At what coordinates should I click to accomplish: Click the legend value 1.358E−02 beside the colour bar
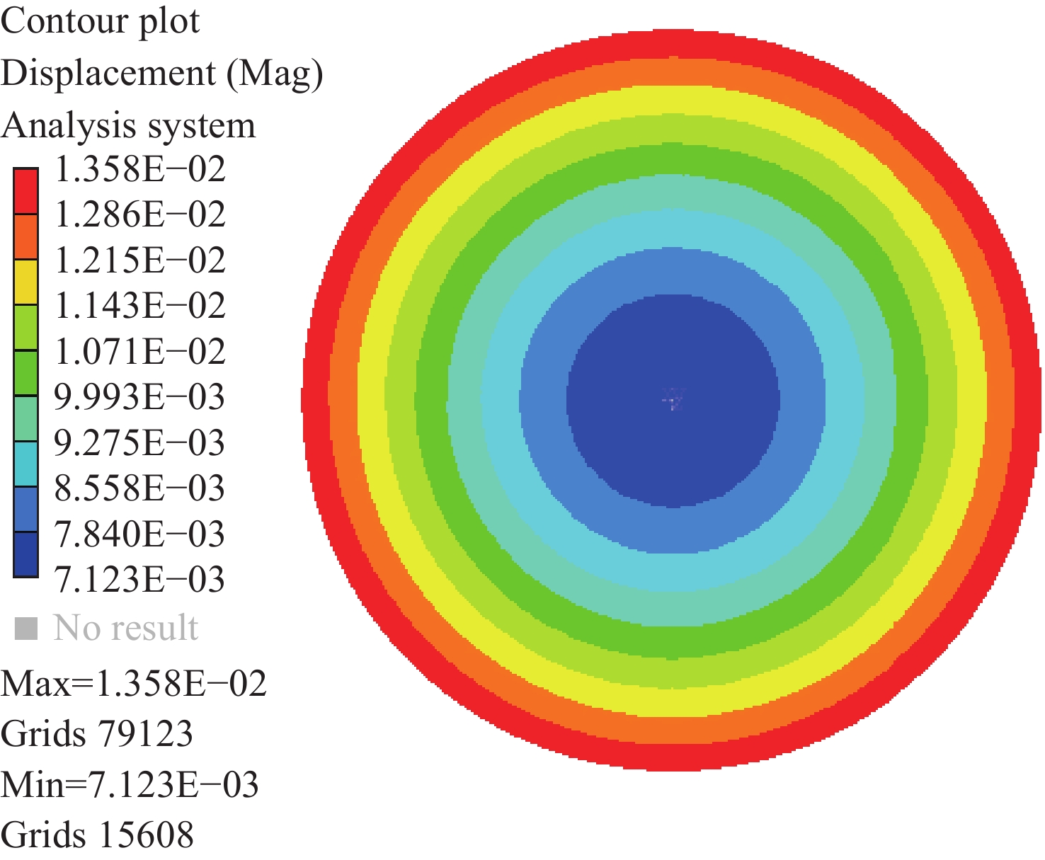[x=140, y=170]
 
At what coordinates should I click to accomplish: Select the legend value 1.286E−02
[x=140, y=215]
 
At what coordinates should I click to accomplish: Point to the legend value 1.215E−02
[x=140, y=260]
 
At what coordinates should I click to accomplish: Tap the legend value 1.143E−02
[x=140, y=306]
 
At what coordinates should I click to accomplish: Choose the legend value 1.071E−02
[x=140, y=352]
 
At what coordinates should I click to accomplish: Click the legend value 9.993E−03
[x=139, y=397]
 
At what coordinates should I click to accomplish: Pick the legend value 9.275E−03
[x=139, y=443]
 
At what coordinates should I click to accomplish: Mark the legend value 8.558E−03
[x=139, y=488]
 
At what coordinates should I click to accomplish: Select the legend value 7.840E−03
[x=139, y=534]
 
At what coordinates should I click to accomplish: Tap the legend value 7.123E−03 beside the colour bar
[x=139, y=580]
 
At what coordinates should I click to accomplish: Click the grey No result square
[x=26, y=628]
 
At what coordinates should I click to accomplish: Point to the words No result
[x=126, y=628]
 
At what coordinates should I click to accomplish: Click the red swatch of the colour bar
[x=26, y=191]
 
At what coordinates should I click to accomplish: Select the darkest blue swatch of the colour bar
[x=26, y=554]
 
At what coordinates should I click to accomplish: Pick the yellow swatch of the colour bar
[x=26, y=282]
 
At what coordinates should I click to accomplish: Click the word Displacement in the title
[x=108, y=74]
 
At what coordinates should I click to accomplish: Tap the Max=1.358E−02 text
[x=134, y=684]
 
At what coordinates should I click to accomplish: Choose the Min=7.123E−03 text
[x=130, y=785]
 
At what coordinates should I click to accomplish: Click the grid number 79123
[x=146, y=734]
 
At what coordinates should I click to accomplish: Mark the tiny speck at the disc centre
[x=672, y=401]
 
